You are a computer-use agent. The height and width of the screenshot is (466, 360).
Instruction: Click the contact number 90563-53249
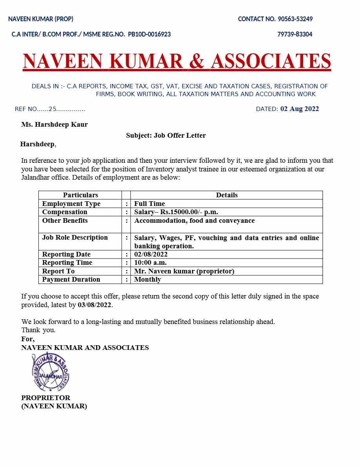coord(295,19)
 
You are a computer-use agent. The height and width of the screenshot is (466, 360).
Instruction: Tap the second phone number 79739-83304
coord(295,35)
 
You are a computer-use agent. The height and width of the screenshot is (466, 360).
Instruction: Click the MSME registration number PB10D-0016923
coord(149,35)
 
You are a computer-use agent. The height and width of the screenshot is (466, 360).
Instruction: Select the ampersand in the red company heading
coord(197,61)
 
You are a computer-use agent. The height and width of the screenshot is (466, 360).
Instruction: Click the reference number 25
coord(53,109)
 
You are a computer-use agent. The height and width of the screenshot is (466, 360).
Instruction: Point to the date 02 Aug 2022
coord(299,109)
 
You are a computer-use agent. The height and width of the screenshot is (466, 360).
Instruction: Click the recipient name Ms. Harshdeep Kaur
coord(55,125)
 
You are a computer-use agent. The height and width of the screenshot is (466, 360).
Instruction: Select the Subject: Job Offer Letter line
coord(166,136)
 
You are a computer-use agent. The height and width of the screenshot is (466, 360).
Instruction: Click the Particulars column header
coord(80,195)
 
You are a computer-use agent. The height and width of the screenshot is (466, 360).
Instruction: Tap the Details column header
coord(227,195)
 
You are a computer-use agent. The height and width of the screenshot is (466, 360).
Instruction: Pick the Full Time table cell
coord(149,204)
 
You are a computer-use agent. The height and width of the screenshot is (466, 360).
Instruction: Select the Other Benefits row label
coord(65,221)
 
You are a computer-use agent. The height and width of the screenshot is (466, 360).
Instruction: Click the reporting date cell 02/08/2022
coord(151,255)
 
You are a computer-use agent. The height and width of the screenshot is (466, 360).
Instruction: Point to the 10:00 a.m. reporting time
coord(150,263)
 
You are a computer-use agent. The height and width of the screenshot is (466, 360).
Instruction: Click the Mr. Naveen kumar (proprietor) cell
coord(184,271)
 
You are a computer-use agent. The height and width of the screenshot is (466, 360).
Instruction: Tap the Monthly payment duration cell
coord(147,280)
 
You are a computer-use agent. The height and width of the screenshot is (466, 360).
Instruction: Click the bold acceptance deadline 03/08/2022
coord(95,305)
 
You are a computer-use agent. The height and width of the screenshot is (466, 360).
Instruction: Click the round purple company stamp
coord(51,371)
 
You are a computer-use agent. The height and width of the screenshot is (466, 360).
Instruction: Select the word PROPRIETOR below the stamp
coord(45,398)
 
